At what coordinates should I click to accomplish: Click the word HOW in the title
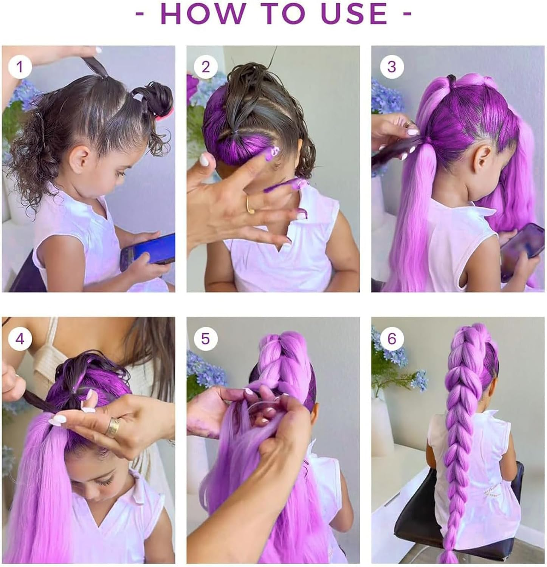click(x=201, y=14)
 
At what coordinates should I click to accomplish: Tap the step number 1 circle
click(x=20, y=67)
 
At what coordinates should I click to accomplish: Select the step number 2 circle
click(x=205, y=67)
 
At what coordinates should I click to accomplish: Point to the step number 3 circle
click(x=392, y=67)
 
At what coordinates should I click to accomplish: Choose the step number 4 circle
click(x=20, y=338)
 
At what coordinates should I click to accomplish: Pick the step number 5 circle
click(x=205, y=338)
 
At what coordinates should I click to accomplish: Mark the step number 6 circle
click(x=392, y=338)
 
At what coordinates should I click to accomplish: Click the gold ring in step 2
click(x=250, y=204)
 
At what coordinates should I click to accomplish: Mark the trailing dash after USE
click(x=407, y=14)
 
